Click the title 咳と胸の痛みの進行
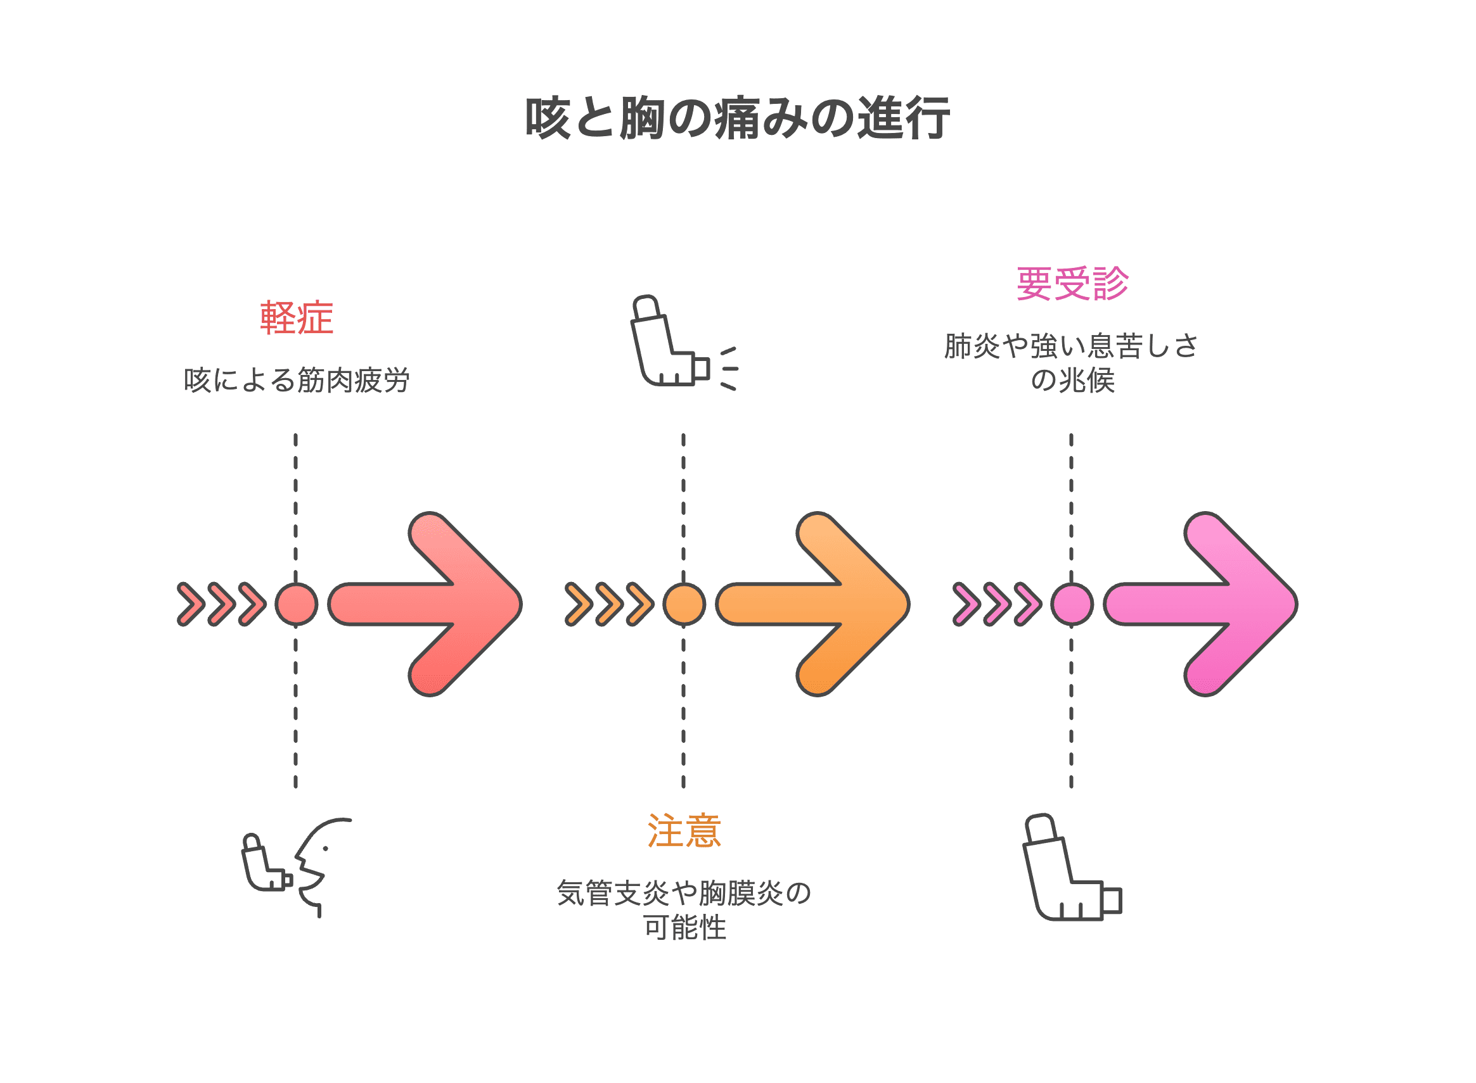coord(737,118)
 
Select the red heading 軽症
coord(297,319)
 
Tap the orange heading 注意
coord(684,830)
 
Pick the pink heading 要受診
coord(1072,284)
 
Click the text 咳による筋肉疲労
coord(297,380)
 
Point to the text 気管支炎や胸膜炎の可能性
coord(684,910)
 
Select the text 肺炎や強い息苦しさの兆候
coord(1071,363)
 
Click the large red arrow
coord(425,604)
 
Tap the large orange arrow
coord(813,604)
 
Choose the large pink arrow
coord(1200,604)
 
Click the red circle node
coord(297,604)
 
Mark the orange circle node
coord(684,604)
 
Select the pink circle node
coord(1072,604)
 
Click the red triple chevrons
coord(222,604)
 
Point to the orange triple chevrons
coord(610,604)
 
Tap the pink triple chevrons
coord(997,604)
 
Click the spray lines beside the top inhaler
coord(729,369)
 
